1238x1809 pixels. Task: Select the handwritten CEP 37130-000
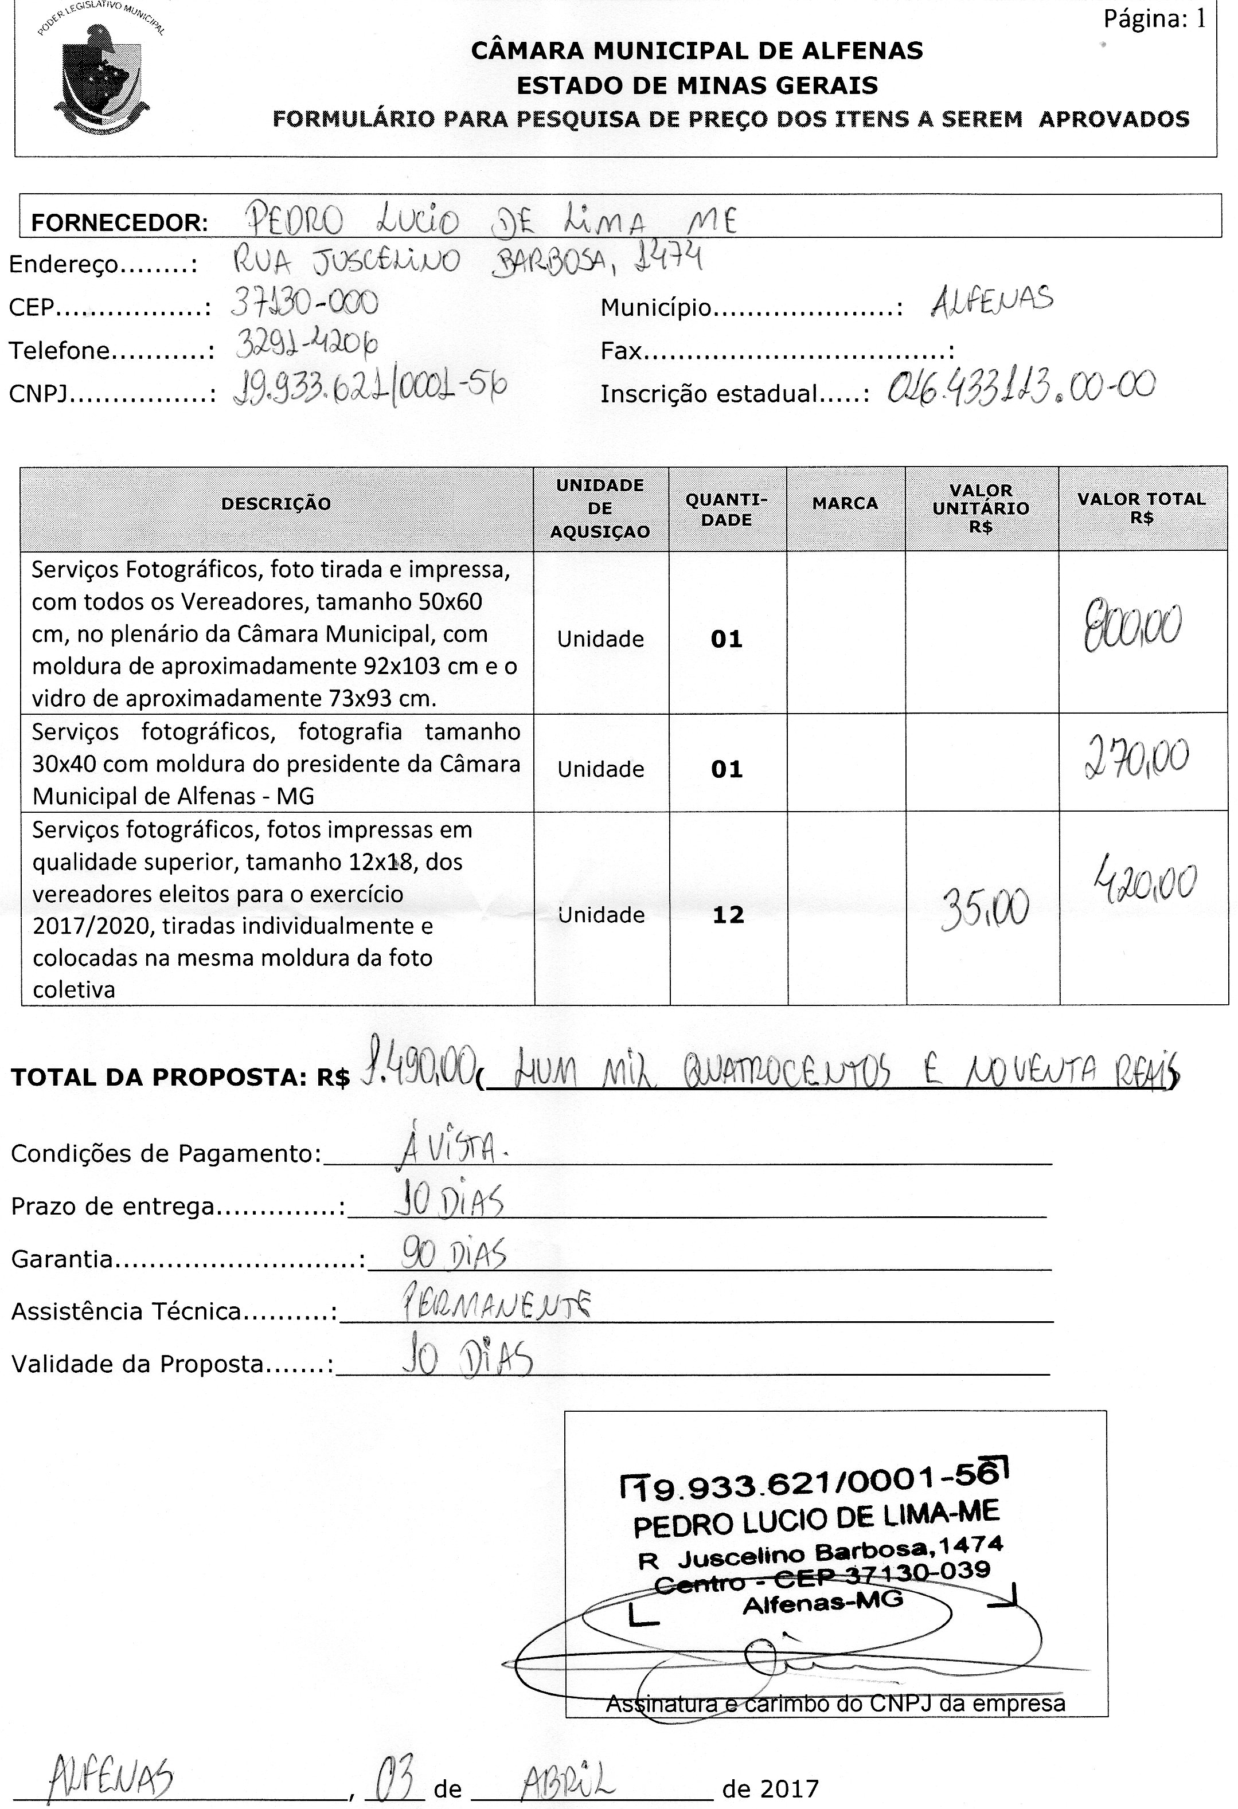[304, 303]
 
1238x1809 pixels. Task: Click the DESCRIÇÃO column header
[276, 504]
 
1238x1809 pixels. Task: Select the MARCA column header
[845, 504]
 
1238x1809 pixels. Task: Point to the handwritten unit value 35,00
[985, 909]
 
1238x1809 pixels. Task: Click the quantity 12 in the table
[728, 915]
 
